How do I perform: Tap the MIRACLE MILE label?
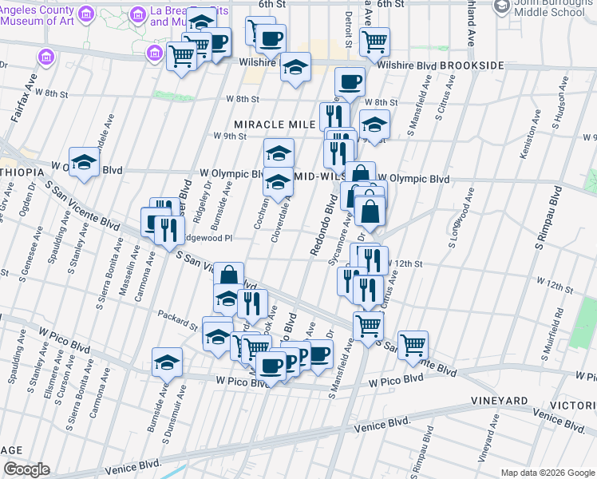270,124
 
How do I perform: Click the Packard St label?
177,319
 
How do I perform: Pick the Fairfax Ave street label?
22,100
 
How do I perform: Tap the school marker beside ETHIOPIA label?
83,163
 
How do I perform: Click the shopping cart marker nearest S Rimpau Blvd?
413,344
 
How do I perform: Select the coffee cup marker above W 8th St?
349,81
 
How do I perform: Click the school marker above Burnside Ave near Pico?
167,362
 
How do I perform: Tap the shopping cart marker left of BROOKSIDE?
374,42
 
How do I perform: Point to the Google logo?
26,469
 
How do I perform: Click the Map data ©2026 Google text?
547,473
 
